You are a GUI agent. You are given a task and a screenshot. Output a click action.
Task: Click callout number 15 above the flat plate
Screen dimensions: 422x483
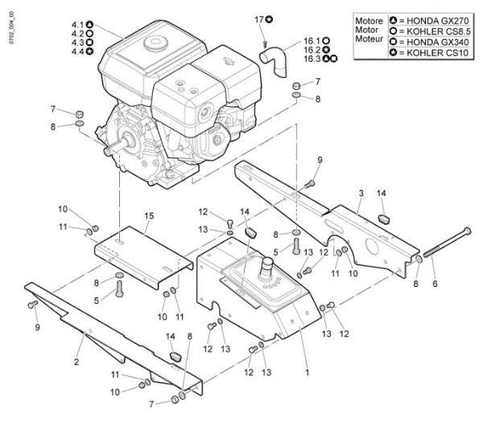(x=148, y=216)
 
